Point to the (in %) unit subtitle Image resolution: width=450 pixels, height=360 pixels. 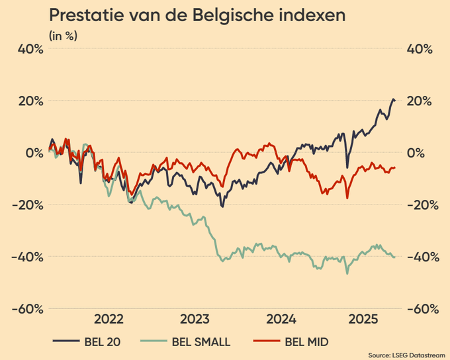pos(62,35)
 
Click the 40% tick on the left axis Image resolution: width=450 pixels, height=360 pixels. pos(30,49)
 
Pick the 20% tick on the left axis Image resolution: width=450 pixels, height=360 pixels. pos(30,101)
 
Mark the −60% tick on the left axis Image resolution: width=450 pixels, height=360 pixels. pos(28,308)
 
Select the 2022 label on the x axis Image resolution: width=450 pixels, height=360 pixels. pos(109,319)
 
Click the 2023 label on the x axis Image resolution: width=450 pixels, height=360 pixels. pos(195,319)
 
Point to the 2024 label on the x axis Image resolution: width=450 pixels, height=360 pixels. pos(281,319)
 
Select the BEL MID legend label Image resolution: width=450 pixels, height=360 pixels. pos(306,342)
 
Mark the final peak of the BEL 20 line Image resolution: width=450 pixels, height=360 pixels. pos(393,99)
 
